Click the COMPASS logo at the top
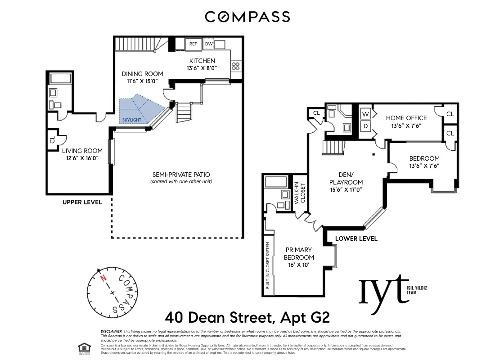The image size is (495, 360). coord(247,17)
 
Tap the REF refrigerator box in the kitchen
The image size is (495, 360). coord(193,44)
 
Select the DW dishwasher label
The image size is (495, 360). coord(208,44)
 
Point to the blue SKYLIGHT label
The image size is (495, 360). coord(132,120)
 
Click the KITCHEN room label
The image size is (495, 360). coord(202,61)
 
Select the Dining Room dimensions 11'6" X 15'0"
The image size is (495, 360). coord(142,81)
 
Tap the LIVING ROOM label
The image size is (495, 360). coord(82,151)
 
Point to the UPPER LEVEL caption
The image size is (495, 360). coord(82,202)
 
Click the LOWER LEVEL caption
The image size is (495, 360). coord(356,238)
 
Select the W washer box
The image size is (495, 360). coord(365,114)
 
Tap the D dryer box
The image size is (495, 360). coord(365,126)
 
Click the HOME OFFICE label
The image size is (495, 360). coord(406,118)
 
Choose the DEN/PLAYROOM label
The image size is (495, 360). coord(346,179)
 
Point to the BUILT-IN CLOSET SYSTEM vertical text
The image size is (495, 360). coord(268,265)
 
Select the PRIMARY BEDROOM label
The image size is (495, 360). coord(298,253)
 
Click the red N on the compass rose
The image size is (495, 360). coord(103,278)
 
